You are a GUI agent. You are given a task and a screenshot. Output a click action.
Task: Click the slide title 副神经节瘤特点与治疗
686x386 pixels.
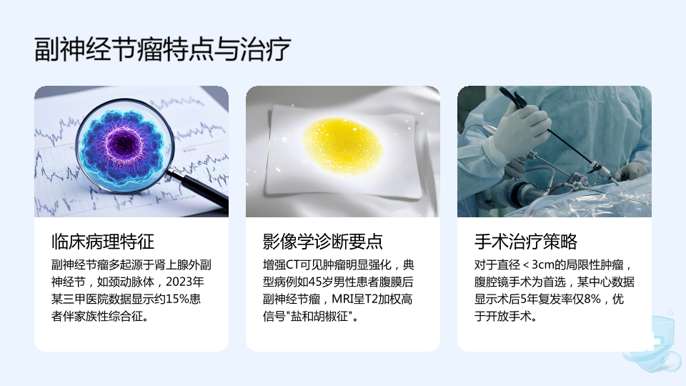coord(162,49)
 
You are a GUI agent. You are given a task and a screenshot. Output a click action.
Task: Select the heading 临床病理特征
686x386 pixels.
coord(103,241)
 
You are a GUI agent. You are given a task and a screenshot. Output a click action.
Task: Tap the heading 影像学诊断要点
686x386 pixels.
coord(323,241)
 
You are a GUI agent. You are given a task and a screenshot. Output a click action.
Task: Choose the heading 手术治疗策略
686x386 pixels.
coord(526,241)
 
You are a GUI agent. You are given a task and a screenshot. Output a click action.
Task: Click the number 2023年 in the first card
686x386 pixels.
coord(184,282)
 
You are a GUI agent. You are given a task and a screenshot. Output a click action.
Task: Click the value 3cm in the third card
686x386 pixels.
coord(543,264)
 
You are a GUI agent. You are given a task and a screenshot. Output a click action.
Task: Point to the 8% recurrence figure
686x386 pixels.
coord(592,299)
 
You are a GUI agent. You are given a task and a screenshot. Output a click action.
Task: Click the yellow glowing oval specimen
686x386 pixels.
coord(343,146)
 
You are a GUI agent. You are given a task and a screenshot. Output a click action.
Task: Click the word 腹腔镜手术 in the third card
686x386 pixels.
coord(502,282)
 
